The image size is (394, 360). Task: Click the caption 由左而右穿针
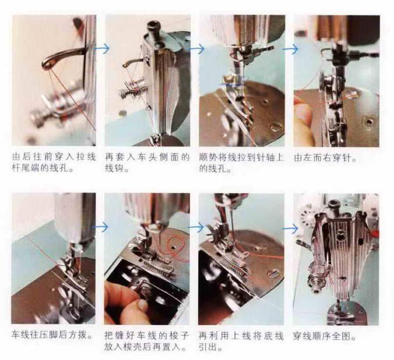(326, 157)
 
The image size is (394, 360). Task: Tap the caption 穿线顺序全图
(325, 336)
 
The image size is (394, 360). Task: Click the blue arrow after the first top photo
(102, 49)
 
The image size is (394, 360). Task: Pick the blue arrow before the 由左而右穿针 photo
(290, 49)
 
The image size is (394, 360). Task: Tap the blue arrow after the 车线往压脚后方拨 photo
(102, 227)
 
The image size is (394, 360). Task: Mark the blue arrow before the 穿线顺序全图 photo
(290, 227)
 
